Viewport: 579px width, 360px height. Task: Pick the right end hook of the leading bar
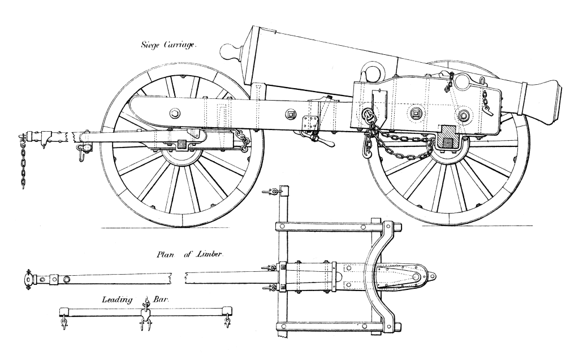tap(227, 322)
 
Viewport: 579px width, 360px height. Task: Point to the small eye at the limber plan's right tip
tap(433, 276)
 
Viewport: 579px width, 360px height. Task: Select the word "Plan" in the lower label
tap(167, 255)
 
